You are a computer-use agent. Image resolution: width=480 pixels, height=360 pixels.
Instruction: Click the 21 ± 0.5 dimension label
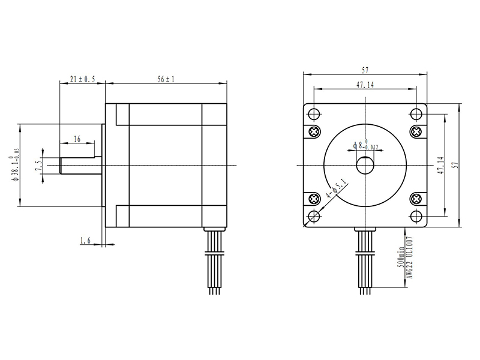[x=82, y=79]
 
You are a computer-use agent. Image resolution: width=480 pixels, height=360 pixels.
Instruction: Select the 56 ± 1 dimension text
[x=166, y=79]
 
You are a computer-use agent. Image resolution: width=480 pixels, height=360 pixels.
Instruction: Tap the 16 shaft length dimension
[x=77, y=139]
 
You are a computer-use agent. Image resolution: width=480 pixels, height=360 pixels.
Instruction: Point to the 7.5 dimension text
[x=38, y=166]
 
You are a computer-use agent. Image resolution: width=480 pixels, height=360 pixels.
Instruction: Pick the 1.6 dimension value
[x=85, y=241]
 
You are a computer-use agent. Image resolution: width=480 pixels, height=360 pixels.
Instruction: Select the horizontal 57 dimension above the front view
[x=365, y=70]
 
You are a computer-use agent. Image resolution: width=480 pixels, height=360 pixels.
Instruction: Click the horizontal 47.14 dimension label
[x=365, y=85]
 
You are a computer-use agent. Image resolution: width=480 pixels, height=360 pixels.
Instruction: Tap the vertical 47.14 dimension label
[x=440, y=166]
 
